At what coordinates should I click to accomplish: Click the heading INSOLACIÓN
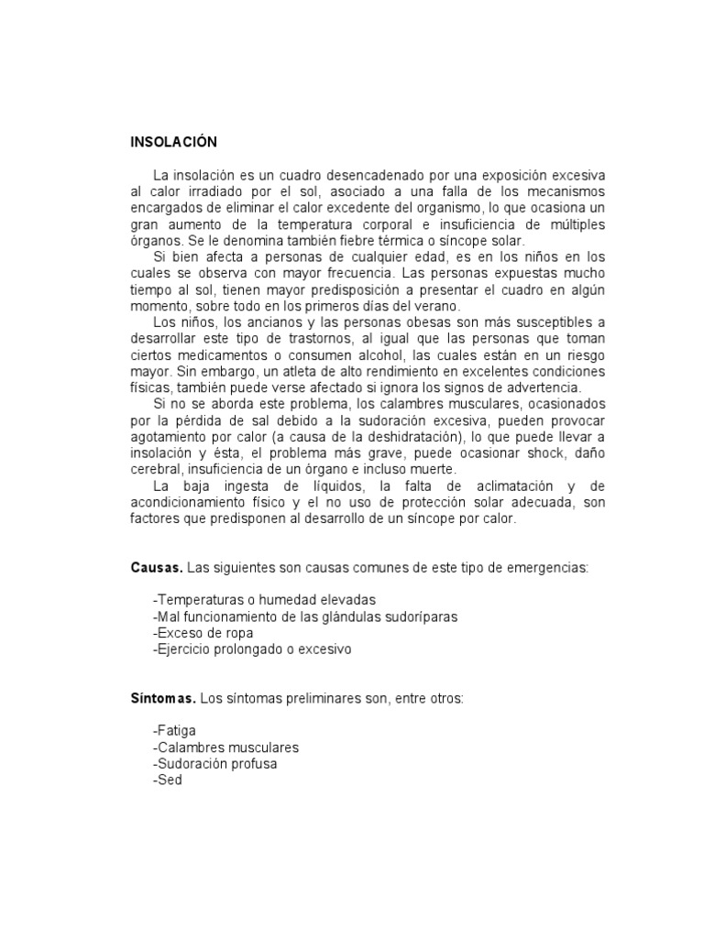tap(173, 142)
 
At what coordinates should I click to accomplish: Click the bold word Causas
tap(156, 568)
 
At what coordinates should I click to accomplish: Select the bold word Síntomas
tap(162, 698)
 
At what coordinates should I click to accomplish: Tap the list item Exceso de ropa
tap(203, 633)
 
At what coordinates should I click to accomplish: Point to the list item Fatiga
tap(175, 731)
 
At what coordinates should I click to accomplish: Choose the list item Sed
tap(168, 780)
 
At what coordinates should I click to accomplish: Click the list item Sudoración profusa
tap(215, 763)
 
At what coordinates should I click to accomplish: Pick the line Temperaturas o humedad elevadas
tap(252, 600)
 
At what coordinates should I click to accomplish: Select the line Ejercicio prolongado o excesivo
tap(252, 649)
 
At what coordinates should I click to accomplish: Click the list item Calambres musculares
tap(226, 747)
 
